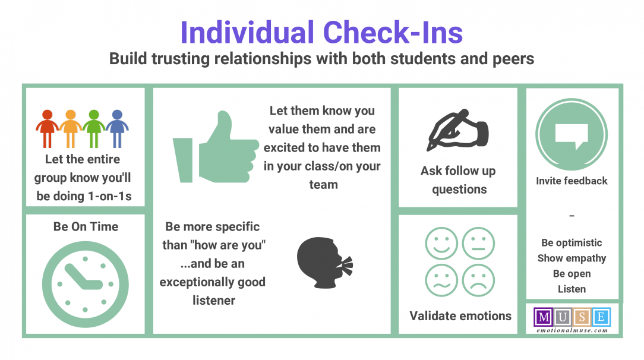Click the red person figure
(x=47, y=128)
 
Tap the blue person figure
(x=118, y=128)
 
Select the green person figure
(x=94, y=128)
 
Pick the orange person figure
(x=70, y=128)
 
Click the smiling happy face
(x=441, y=244)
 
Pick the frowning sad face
(x=478, y=280)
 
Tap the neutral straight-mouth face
(x=478, y=244)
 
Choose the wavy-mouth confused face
(x=441, y=280)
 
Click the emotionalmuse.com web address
(x=572, y=330)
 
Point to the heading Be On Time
(x=86, y=226)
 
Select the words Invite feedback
(x=572, y=181)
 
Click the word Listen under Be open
(x=572, y=289)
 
